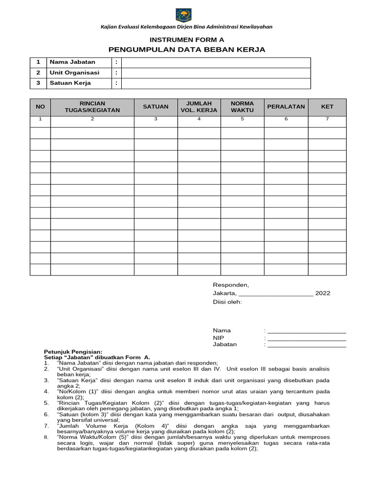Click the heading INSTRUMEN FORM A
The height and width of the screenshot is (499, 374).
click(x=187, y=40)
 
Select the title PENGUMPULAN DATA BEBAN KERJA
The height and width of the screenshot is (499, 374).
click(x=187, y=50)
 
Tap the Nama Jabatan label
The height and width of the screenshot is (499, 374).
click(x=73, y=62)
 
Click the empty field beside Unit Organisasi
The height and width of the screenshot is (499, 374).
click(x=216, y=73)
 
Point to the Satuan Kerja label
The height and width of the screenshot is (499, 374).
click(x=70, y=83)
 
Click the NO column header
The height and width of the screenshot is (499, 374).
click(x=40, y=107)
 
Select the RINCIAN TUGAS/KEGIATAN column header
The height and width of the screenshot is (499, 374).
click(x=92, y=107)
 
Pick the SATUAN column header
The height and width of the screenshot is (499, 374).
click(x=155, y=107)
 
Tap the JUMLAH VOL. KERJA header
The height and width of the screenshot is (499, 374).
click(x=199, y=107)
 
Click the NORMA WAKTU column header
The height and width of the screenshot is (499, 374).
click(x=242, y=107)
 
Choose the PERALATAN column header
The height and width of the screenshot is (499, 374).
click(x=286, y=107)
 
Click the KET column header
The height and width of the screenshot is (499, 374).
click(x=327, y=107)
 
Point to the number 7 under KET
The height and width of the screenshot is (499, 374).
click(x=327, y=119)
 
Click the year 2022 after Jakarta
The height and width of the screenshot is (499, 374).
click(x=322, y=293)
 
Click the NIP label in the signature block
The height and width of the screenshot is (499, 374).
click(x=218, y=337)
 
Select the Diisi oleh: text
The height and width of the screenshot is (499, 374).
click(x=227, y=302)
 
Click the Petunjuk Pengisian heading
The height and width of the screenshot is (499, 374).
click(x=73, y=351)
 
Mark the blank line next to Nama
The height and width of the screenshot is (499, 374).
click(x=307, y=331)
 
